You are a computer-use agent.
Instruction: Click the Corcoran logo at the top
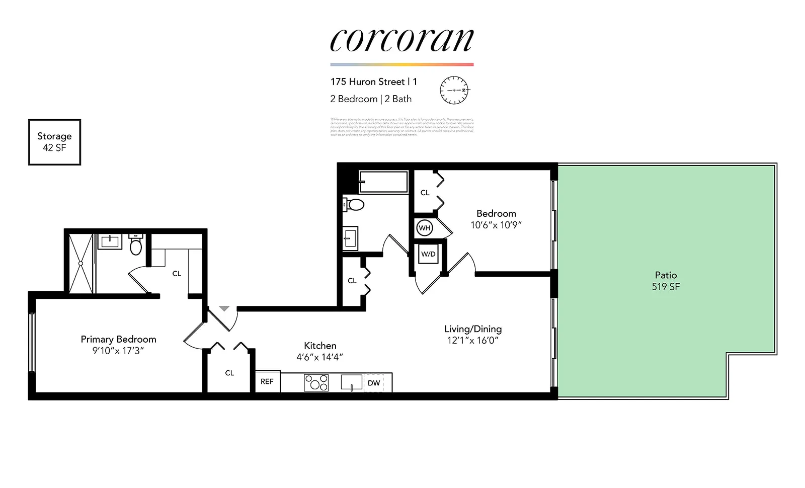coord(401,40)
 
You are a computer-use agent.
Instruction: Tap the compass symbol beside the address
coord(454,90)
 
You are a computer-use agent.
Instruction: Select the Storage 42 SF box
coord(54,142)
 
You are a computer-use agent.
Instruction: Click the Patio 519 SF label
coord(666,281)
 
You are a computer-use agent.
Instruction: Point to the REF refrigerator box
coord(267,382)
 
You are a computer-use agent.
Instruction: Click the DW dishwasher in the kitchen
coord(374,383)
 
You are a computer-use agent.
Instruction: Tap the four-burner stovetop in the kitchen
coord(316,383)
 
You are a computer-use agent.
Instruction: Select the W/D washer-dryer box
coord(428,255)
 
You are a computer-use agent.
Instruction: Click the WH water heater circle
coord(425,228)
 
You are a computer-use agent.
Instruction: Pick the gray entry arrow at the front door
coord(224,308)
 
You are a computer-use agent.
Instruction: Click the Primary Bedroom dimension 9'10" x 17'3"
coord(118,351)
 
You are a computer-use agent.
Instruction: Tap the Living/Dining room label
coord(473,329)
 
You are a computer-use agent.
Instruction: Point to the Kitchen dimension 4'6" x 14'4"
coord(320,357)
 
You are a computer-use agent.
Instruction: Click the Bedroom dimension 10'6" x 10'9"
coord(496,225)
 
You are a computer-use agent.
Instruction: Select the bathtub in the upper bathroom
coord(383,182)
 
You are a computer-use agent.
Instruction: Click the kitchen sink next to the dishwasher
coord(351,382)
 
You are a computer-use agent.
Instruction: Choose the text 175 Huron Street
coord(368,82)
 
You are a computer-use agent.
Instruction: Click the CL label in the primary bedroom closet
coord(177,274)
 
